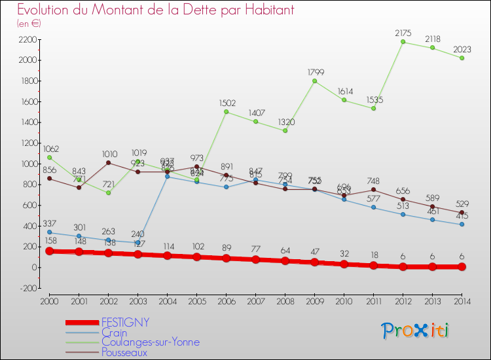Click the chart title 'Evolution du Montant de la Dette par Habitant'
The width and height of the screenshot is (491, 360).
pos(155,10)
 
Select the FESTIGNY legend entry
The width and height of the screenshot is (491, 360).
pos(125,322)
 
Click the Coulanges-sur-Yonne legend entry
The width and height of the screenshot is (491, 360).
pos(151,342)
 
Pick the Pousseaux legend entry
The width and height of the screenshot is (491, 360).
pos(124,352)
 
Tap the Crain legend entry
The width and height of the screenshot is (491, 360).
pos(115,333)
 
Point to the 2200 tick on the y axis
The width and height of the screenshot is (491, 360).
pos(27,39)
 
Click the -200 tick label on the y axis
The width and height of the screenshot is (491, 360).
pos(27,288)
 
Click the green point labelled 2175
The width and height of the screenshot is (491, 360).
pos(403,42)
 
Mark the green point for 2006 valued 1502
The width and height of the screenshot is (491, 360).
pos(227,111)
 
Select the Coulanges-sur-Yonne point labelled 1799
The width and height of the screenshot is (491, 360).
pos(315,81)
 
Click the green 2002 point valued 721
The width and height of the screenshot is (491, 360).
pos(109,192)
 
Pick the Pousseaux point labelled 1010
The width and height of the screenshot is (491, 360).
pos(109,162)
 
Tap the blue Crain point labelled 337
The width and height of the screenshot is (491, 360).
pos(50,232)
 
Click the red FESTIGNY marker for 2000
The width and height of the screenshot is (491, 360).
pos(50,251)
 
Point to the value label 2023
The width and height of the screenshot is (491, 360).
pos(462,48)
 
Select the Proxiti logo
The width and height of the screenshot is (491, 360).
pos(416,330)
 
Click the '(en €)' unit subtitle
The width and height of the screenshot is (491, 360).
pos(29,24)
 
